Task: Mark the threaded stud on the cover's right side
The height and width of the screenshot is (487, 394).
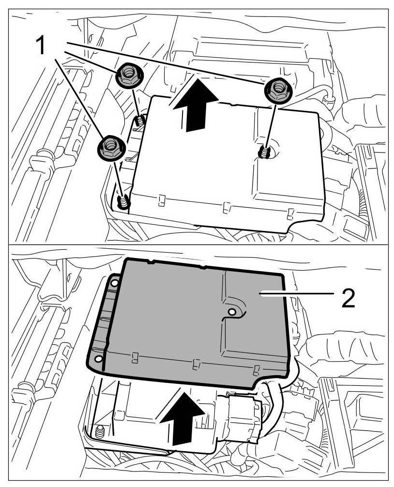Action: pos(264,153)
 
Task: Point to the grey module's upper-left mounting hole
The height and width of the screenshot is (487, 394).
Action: pos(115,282)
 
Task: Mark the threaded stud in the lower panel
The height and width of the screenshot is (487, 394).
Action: pos(100,432)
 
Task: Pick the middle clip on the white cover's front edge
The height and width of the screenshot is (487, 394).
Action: pos(225,208)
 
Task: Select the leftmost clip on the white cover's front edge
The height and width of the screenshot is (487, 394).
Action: pos(162,199)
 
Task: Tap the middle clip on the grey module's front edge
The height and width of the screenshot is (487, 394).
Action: pos(195,364)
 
